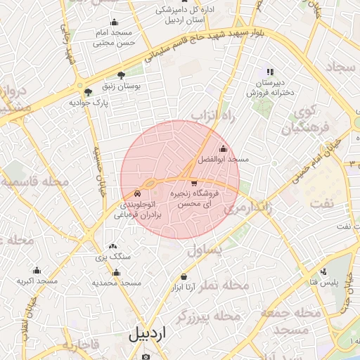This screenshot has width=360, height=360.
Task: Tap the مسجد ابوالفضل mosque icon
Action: (x=224, y=148)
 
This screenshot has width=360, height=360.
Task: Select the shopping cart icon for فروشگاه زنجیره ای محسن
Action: (x=194, y=183)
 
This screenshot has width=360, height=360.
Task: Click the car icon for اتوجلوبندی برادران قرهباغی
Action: (x=138, y=193)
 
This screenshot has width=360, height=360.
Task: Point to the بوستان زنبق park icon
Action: (x=122, y=75)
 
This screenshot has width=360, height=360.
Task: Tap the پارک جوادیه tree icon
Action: (x=88, y=92)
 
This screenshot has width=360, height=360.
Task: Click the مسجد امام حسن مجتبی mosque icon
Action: (x=114, y=22)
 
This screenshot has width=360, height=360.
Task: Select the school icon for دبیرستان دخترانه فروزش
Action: (x=269, y=72)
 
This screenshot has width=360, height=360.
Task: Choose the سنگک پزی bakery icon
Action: (x=112, y=247)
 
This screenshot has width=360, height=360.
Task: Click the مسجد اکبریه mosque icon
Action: (x=37, y=270)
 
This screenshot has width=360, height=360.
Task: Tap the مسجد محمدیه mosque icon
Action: (x=117, y=272)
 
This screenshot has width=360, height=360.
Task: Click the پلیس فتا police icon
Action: (x=323, y=272)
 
